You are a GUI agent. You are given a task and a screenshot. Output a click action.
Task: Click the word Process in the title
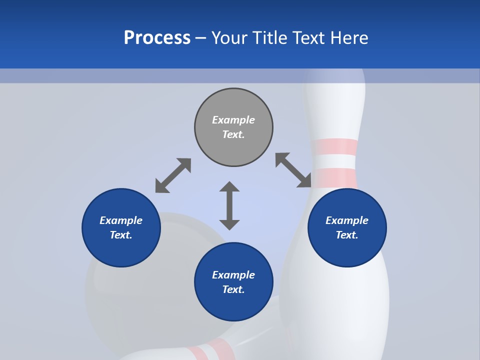coord(157,38)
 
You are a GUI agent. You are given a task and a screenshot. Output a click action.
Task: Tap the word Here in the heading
coord(349,38)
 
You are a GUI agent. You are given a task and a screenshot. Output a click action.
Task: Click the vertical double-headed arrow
coord(229,205)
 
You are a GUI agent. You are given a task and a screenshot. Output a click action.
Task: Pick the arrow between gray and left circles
coord(173,175)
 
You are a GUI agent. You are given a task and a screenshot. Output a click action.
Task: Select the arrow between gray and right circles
coord(293,170)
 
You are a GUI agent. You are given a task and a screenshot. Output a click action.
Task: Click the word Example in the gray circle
coord(233,120)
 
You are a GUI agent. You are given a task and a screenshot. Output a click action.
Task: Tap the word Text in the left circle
coord(121,235)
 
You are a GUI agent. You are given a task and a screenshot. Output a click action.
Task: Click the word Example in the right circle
coord(347,220)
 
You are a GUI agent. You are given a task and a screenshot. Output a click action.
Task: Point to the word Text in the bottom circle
coord(233,289)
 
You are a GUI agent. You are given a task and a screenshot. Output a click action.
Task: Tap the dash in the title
coord(200,38)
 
